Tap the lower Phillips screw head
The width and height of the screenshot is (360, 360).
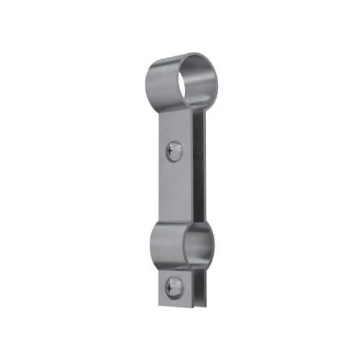pyautogui.click(x=172, y=286)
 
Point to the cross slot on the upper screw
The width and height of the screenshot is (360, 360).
pyautogui.click(x=171, y=150)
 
